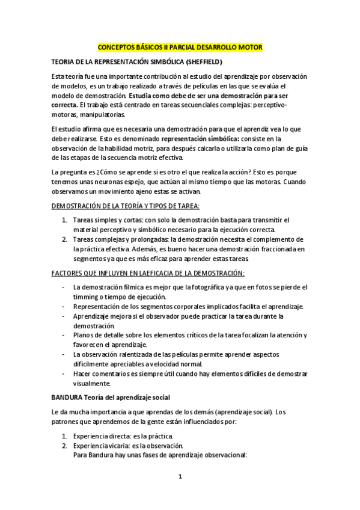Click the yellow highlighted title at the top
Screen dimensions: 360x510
click(x=180, y=47)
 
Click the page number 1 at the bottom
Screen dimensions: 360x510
click(x=180, y=476)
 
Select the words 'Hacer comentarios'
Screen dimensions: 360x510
click(x=100, y=373)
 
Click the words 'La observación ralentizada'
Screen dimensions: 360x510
click(x=115, y=354)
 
